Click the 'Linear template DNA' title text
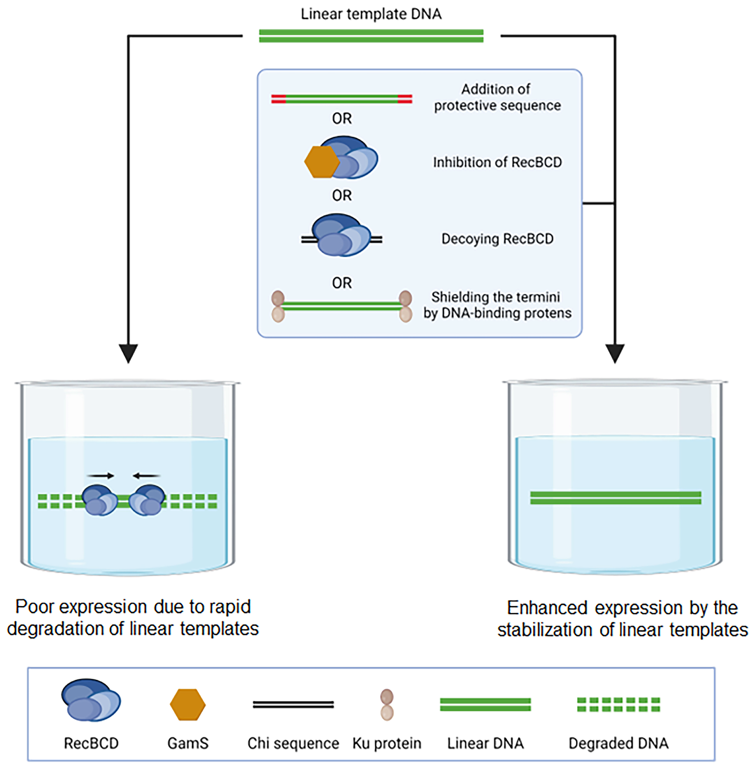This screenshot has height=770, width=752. click(371, 14)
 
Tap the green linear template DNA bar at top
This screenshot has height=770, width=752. click(371, 36)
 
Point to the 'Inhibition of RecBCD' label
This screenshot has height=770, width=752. click(497, 162)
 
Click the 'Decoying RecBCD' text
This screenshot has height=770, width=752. click(497, 239)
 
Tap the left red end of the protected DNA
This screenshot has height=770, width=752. click(278, 99)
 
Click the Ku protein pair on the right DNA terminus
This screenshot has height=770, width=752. click(406, 307)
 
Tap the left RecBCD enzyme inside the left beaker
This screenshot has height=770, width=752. click(99, 500)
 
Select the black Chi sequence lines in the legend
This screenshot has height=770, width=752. click(293, 704)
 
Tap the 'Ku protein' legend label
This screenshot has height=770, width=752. click(387, 743)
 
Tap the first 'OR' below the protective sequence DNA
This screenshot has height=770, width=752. click(342, 118)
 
